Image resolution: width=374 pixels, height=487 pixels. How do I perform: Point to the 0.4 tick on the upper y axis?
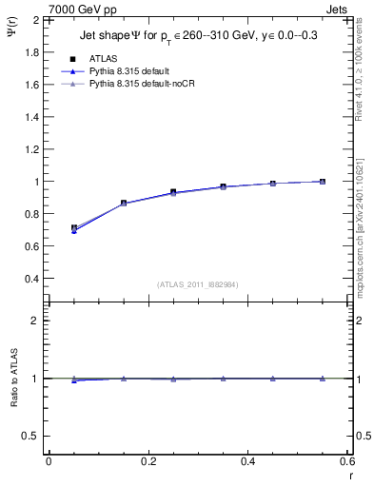pyautogui.click(x=33, y=279)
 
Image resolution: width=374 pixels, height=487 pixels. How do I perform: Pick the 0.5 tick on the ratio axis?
pyautogui.click(x=33, y=436)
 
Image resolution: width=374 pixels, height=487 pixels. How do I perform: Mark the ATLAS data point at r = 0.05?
pyautogui.click(x=74, y=228)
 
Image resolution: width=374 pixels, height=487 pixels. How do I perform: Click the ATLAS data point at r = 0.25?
pyautogui.click(x=173, y=192)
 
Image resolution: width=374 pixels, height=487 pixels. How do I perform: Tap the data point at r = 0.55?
pyautogui.click(x=323, y=182)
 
